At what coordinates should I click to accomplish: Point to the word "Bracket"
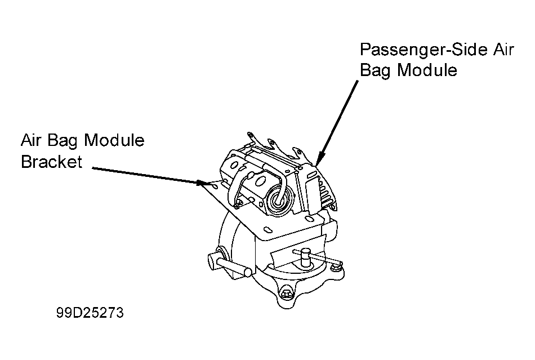pyautogui.click(x=51, y=162)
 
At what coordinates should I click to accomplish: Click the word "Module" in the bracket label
pyautogui.click(x=114, y=140)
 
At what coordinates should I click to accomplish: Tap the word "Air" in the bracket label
pyautogui.click(x=32, y=140)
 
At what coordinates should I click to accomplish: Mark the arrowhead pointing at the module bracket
pyautogui.click(x=202, y=183)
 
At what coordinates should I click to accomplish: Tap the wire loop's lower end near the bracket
pyautogui.click(x=239, y=201)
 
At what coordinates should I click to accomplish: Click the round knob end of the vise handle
pyautogui.click(x=213, y=260)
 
